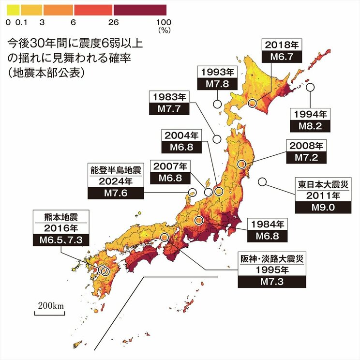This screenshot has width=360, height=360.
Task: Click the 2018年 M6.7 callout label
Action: point(282,51)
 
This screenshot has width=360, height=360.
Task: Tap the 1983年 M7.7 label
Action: point(169,103)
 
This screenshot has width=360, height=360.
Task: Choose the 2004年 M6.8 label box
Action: point(181,141)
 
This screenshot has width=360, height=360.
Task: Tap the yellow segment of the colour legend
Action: point(13,10)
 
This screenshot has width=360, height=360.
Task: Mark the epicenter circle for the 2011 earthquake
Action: point(262,182)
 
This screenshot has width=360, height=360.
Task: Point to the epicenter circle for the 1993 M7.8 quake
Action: point(218,104)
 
